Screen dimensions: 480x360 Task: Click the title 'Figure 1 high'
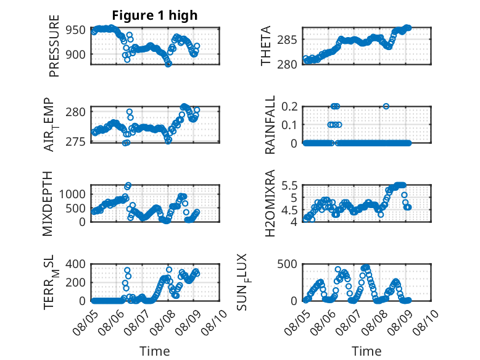[155, 15]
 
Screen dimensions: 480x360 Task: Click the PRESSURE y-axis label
[54, 46]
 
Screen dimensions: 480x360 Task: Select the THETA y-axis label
[266, 46]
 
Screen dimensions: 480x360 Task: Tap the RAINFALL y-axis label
[270, 125]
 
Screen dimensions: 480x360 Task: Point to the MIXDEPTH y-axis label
[48, 204]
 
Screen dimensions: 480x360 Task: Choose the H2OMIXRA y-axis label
[270, 203]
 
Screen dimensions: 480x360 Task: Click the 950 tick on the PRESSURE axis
[76, 30]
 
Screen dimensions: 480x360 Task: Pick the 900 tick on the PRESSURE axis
[76, 54]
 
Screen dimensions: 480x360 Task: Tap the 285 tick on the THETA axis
[287, 40]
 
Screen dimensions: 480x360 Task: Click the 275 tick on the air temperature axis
[76, 142]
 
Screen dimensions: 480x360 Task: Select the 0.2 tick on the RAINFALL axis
[289, 106]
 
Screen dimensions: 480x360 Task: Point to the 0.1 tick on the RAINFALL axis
[289, 125]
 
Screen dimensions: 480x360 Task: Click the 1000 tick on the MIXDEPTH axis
[72, 194]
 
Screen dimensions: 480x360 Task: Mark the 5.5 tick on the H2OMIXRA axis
[289, 185]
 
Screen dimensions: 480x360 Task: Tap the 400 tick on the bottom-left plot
[76, 264]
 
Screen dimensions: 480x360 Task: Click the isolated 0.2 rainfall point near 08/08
[386, 106]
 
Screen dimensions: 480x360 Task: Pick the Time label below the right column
[366, 351]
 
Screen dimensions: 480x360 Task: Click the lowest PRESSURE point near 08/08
[168, 64]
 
